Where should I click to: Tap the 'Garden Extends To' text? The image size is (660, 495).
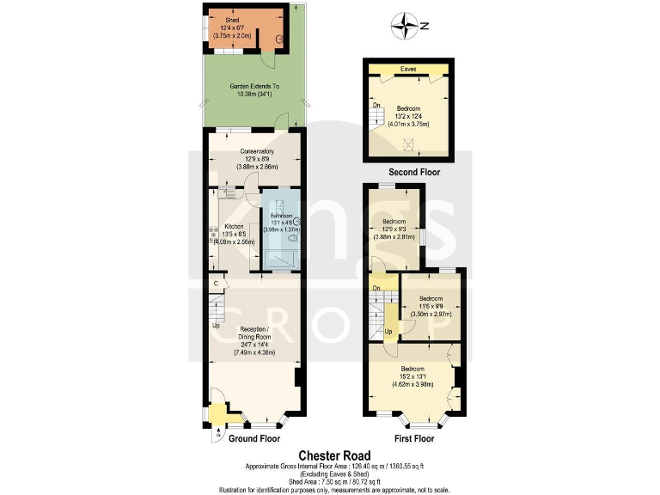click(254, 90)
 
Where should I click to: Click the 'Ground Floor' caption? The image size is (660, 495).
click(254, 438)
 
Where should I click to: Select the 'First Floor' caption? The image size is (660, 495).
click(413, 438)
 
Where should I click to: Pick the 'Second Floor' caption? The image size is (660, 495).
click(414, 173)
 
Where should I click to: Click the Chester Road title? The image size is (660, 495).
click(334, 455)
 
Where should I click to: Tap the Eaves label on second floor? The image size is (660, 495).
click(408, 68)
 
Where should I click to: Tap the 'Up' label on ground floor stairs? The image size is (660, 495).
click(216, 325)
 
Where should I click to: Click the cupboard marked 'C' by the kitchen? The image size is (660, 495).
click(215, 283)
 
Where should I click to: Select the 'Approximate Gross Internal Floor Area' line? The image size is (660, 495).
click(334, 467)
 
